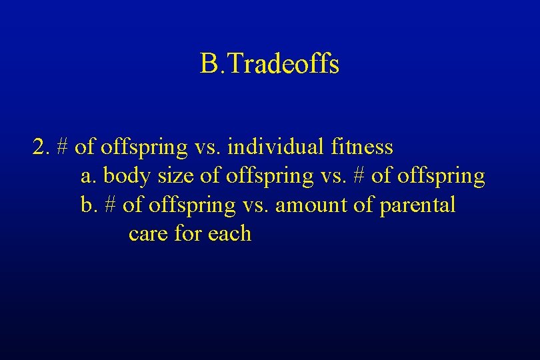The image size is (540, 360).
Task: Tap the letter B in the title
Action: tap(208, 65)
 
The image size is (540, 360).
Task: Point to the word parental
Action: tap(417, 205)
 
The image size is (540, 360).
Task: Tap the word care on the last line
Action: tap(147, 234)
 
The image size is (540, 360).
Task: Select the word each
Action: tap(229, 234)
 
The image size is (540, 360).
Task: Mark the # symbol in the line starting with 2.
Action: tap(64, 147)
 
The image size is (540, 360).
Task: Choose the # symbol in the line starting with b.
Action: tap(111, 205)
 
